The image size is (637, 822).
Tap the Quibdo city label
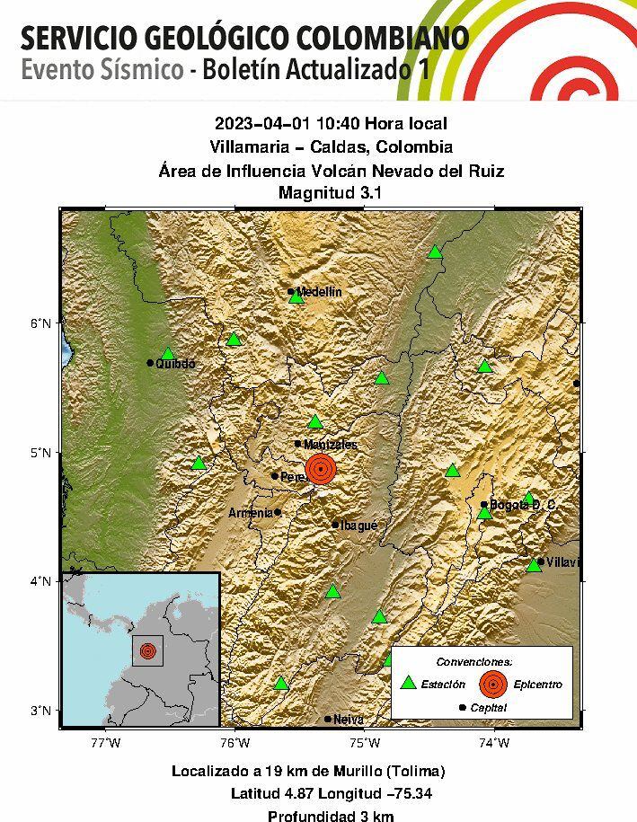pyautogui.click(x=175, y=364)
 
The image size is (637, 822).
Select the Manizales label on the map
pyautogui.click(x=331, y=445)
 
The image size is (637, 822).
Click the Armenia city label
pyautogui.click(x=250, y=513)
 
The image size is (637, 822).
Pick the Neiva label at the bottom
pyautogui.click(x=348, y=720)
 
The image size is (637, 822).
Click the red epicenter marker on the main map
pyautogui.click(x=321, y=468)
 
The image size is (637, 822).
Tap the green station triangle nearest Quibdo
pyautogui.click(x=167, y=354)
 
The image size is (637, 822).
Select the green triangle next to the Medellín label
pyautogui.click(x=296, y=297)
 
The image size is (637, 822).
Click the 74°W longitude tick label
pyautogui.click(x=493, y=743)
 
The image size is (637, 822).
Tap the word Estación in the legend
pyautogui.click(x=444, y=685)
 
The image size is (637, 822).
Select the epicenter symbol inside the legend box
pyautogui.click(x=492, y=685)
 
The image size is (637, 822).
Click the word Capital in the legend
pyautogui.click(x=488, y=708)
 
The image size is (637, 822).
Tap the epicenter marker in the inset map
pyautogui.click(x=148, y=650)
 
